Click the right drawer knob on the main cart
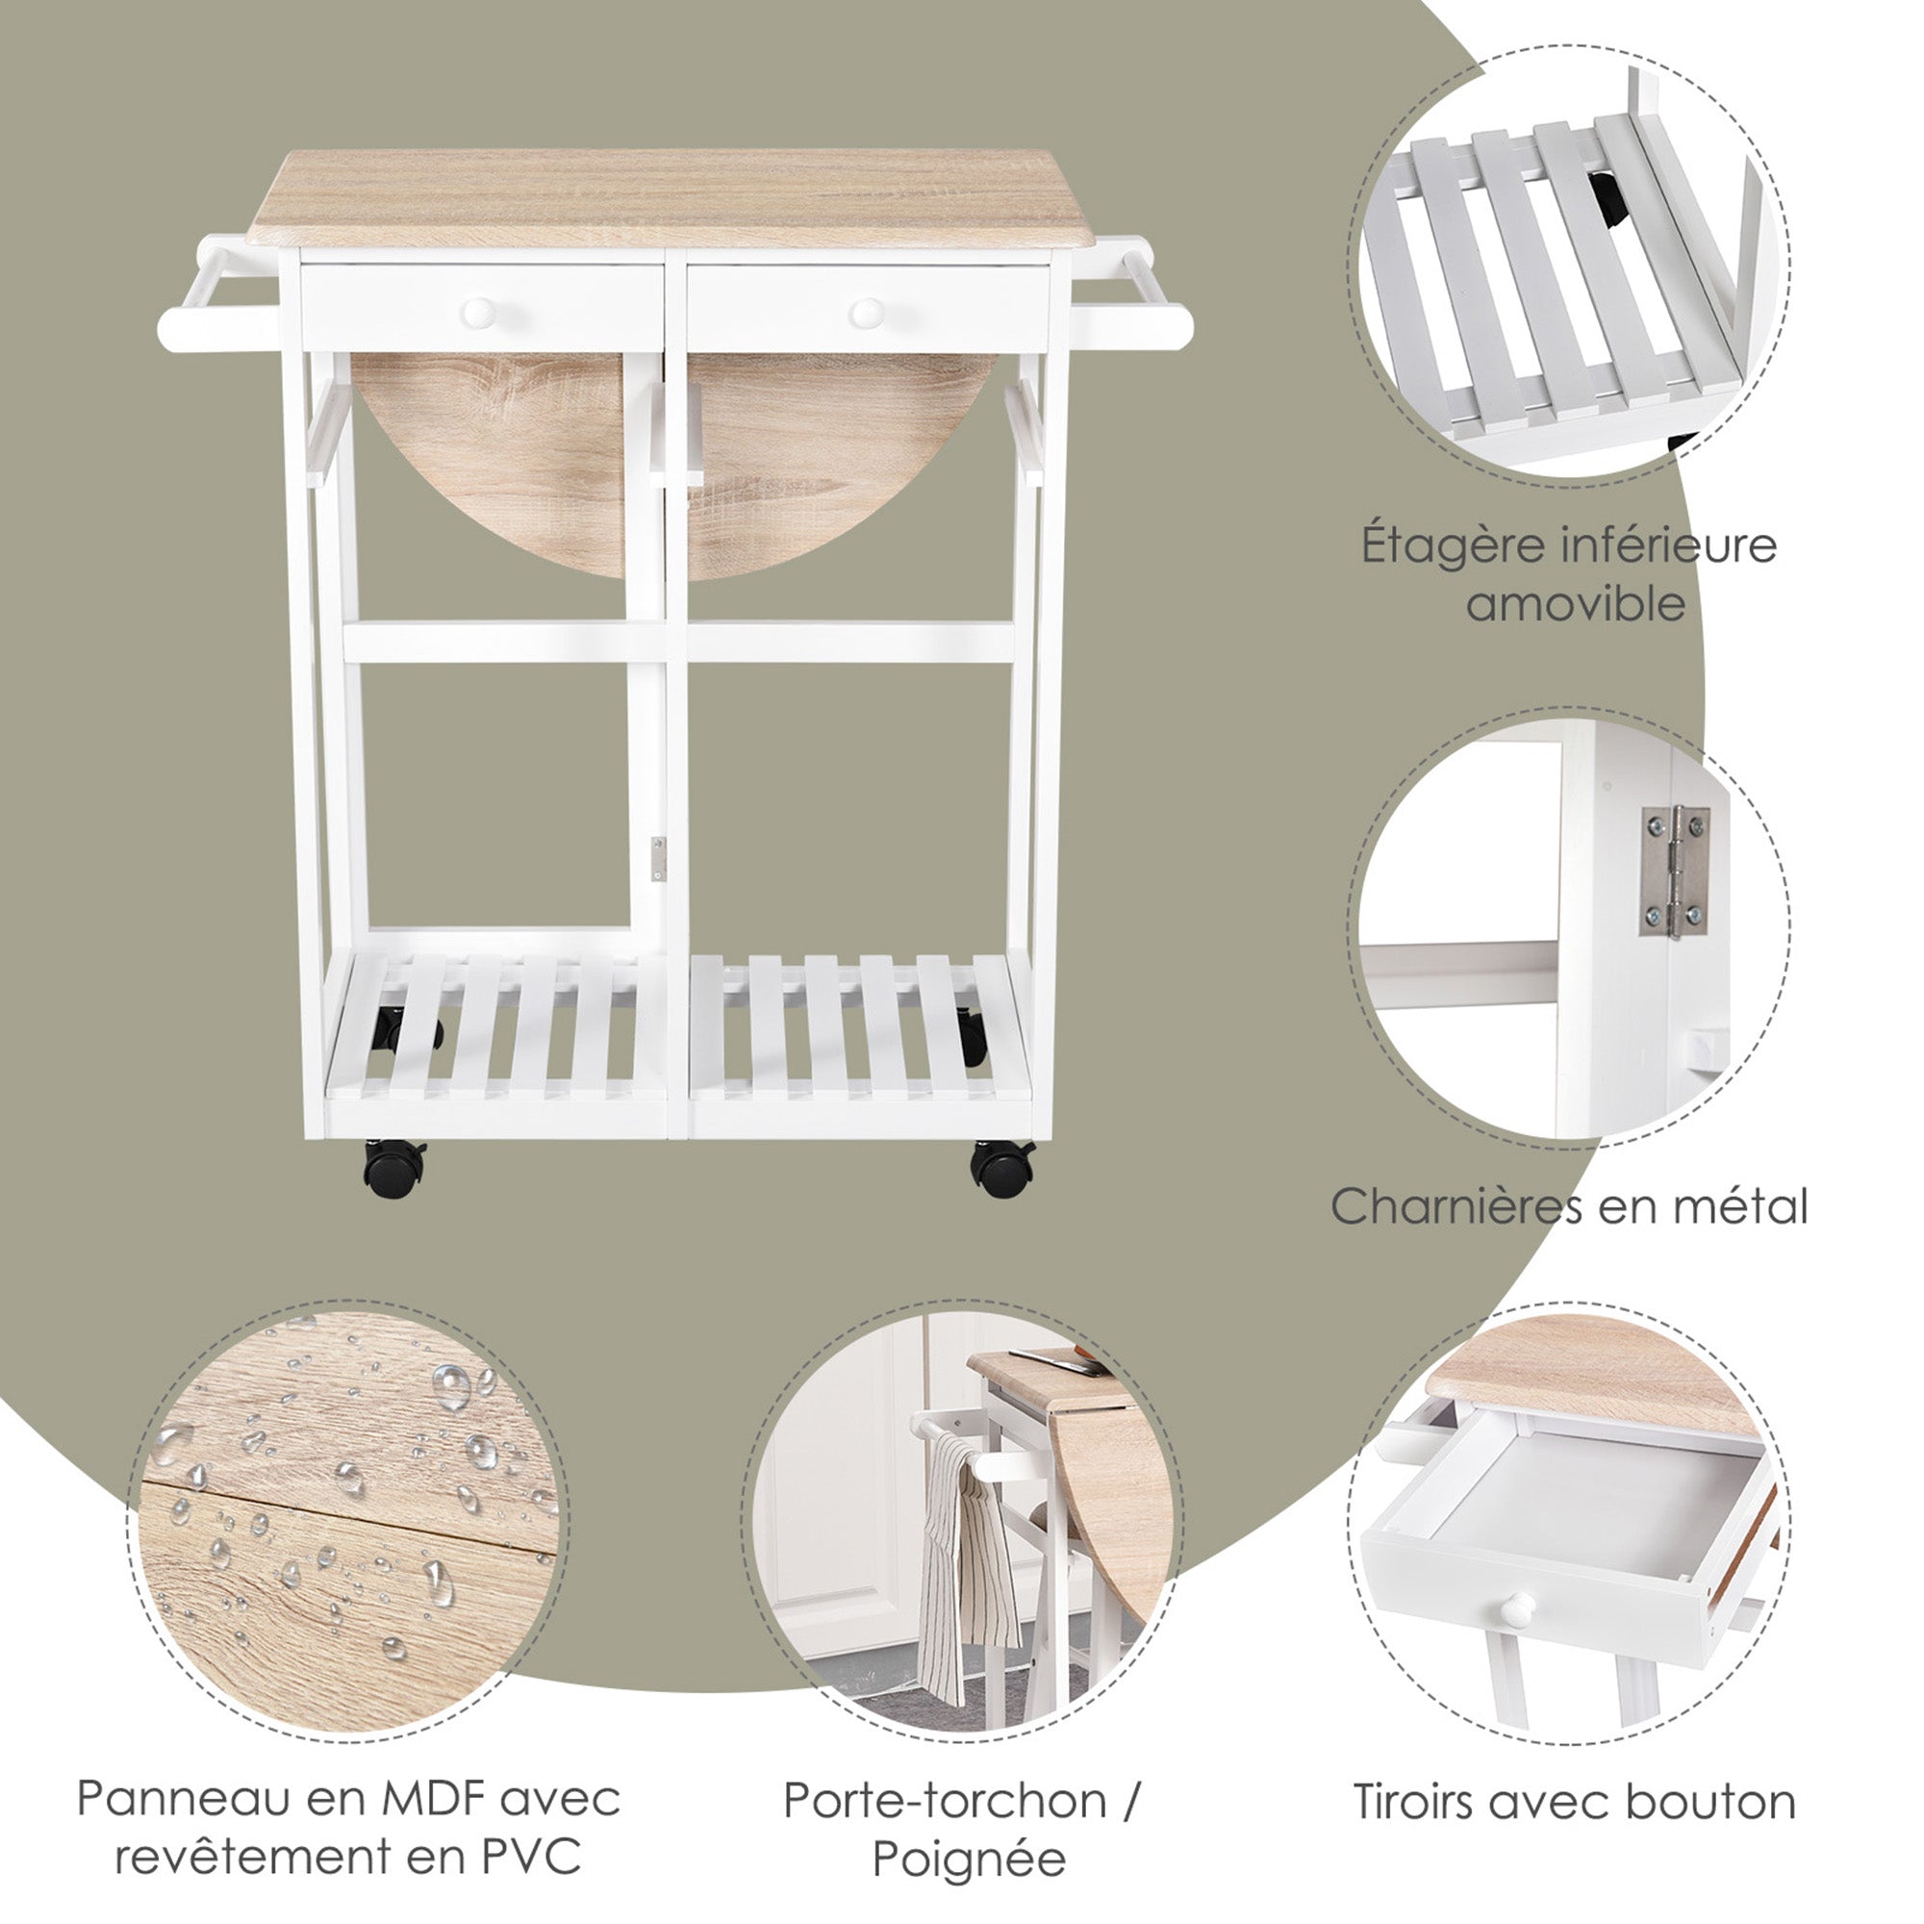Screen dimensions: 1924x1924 pyautogui.click(x=868, y=314)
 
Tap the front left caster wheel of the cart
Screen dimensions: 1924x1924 pyautogui.click(x=394, y=1168)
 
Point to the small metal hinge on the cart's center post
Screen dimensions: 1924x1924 pyautogui.click(x=658, y=858)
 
